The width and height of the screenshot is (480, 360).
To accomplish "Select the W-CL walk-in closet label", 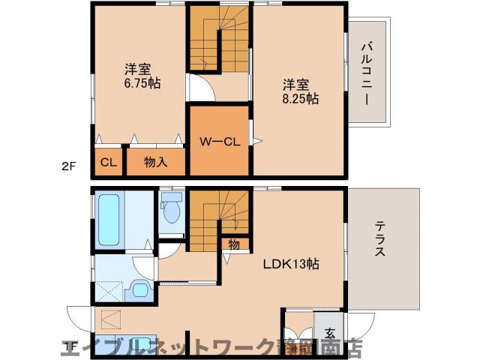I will pos(218,141).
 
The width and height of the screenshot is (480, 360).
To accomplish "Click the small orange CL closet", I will pos(107,161).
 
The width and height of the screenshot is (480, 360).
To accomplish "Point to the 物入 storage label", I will pos(154,161).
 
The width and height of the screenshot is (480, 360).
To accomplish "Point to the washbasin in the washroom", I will pos(139,289).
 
